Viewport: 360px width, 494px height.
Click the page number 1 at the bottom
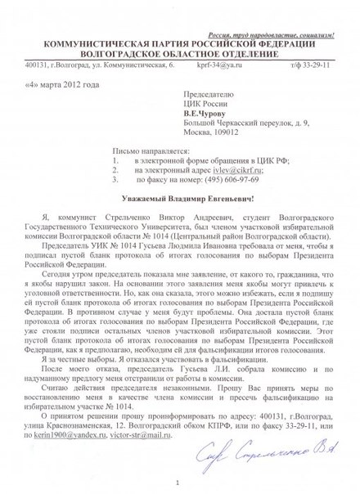178,482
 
